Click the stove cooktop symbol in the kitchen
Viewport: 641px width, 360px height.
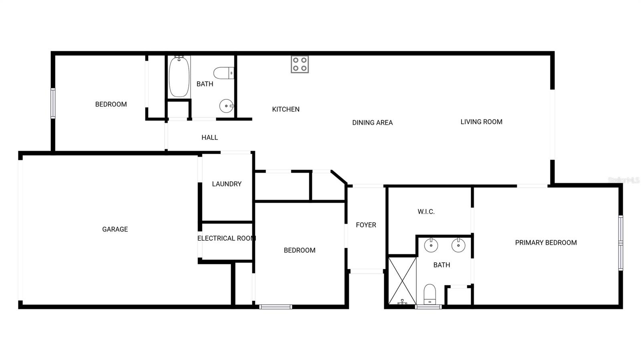(x=300, y=64)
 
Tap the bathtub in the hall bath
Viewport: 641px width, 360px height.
(x=179, y=77)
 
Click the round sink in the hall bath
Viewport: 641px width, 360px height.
(x=226, y=106)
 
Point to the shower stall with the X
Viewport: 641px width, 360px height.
(x=402, y=281)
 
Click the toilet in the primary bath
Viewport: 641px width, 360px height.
(x=429, y=294)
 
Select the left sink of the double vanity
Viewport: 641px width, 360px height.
(x=431, y=245)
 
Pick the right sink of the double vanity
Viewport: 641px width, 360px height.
(x=458, y=245)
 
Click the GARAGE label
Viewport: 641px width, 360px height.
(x=115, y=229)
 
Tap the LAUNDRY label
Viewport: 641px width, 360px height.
(x=227, y=184)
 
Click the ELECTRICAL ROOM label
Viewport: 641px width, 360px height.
(x=226, y=238)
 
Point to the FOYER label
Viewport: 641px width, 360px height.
(x=366, y=225)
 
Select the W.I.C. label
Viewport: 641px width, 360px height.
(x=426, y=211)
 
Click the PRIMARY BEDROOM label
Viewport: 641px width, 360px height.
(x=546, y=242)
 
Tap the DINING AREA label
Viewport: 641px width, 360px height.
(x=372, y=123)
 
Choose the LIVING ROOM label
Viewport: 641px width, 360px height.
(x=481, y=122)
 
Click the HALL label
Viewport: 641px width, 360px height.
(x=210, y=137)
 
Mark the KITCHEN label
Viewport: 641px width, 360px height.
(x=286, y=109)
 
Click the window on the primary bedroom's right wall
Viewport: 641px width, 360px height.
(x=620, y=243)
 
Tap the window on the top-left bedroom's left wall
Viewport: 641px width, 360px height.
(x=53, y=103)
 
